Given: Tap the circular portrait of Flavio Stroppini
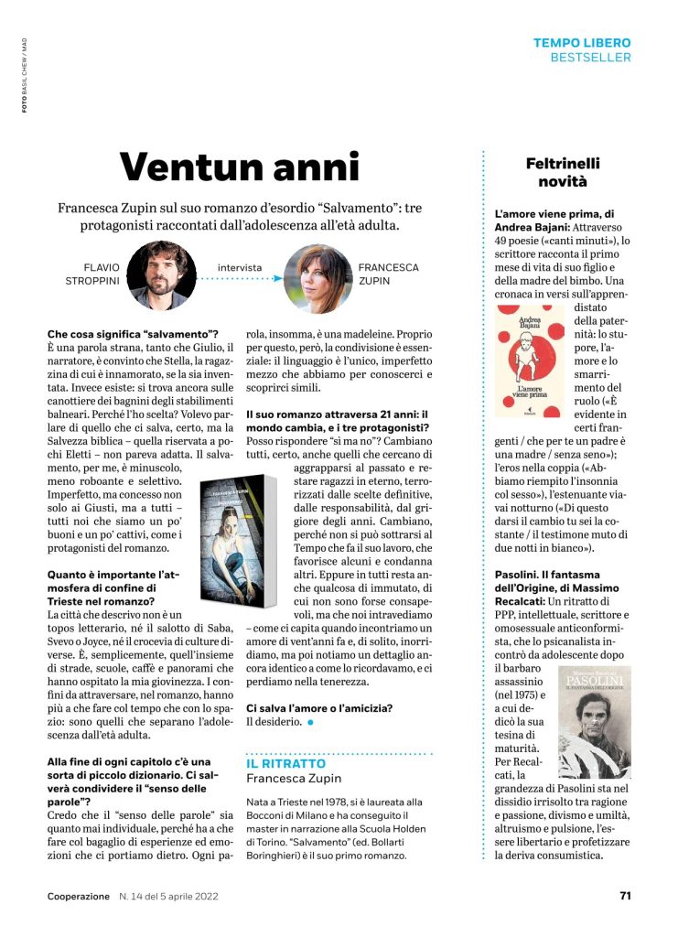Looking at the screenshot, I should coord(159,275).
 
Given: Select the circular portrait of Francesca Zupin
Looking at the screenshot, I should coord(317,278).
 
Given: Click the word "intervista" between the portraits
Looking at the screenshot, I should coord(240,268).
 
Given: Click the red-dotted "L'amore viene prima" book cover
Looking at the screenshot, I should coord(529,360).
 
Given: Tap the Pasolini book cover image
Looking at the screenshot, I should coord(594,721).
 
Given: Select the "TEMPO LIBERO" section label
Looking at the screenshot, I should coord(582,43).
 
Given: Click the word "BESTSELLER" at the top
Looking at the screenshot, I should coord(590,58).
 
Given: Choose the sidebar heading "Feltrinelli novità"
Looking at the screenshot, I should coord(563,172).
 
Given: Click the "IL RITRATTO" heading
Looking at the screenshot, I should coord(285,763).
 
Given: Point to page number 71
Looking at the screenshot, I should coord(625,896).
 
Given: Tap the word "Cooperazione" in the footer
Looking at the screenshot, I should coord(79,896).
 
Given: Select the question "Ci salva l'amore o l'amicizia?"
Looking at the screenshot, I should coord(319,707).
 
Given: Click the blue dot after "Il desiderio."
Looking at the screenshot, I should coord(311,723).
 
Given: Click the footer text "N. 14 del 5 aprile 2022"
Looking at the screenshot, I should coord(174,896).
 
